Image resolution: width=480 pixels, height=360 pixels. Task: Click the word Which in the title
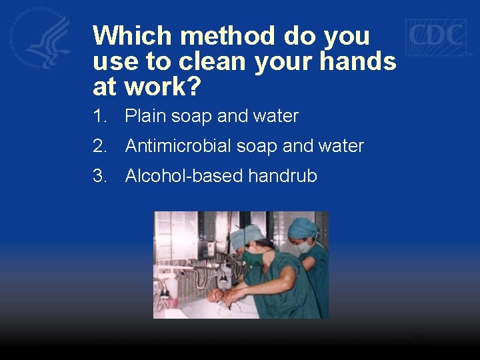[x=133, y=35]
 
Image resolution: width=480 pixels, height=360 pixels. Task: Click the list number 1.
[x=100, y=117]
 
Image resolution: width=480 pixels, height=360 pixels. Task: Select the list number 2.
[x=100, y=146]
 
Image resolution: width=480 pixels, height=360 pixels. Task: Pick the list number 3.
[x=100, y=176]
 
